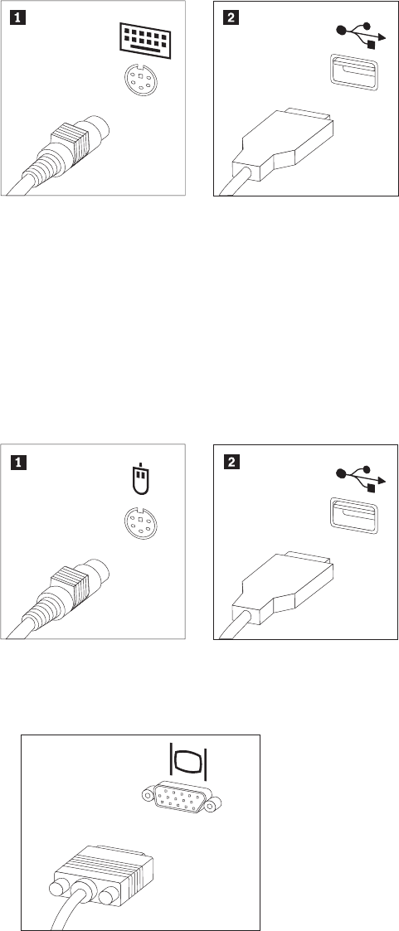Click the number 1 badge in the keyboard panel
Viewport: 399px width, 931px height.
(17, 17)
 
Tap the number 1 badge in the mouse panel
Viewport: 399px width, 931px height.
(17, 462)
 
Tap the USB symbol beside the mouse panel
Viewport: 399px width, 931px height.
(361, 478)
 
